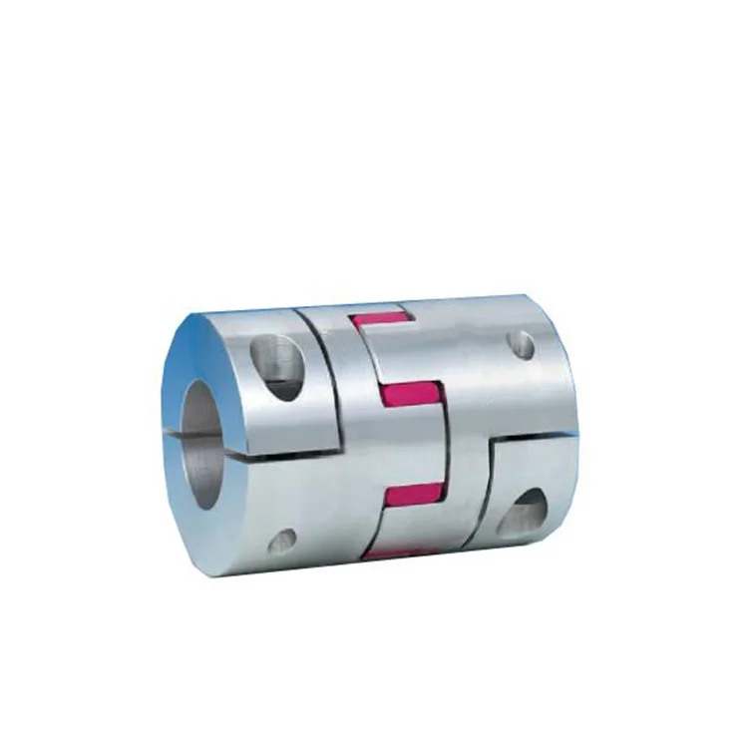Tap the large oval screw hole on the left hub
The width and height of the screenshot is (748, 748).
pyautogui.click(x=278, y=365)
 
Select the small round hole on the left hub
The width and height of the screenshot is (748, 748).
pyautogui.click(x=281, y=542)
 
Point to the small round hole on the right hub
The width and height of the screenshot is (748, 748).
pyautogui.click(x=521, y=345)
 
